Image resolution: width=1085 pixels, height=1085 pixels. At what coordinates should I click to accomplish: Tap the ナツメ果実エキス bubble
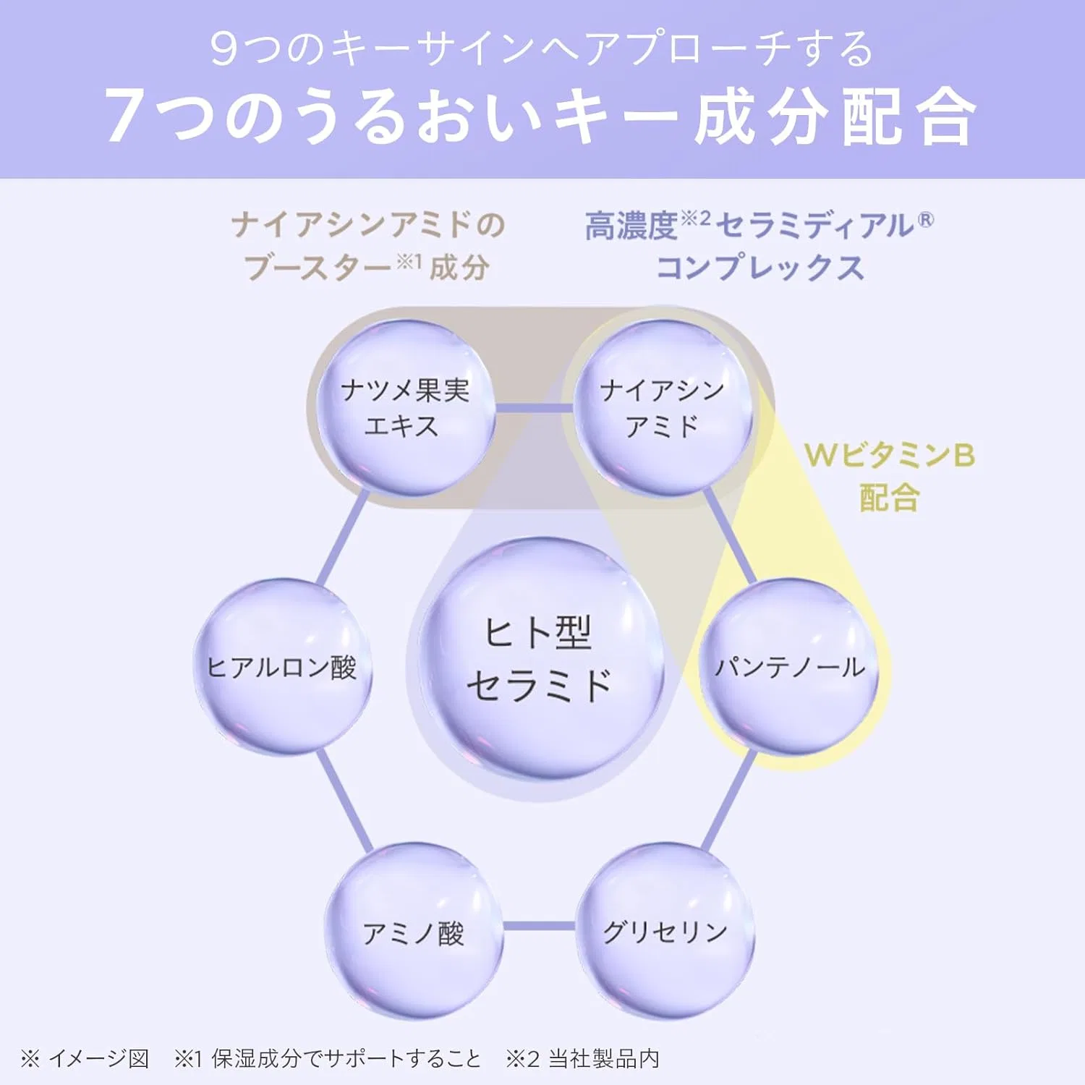(406, 408)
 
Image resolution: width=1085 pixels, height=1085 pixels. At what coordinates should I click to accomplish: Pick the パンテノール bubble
(789, 666)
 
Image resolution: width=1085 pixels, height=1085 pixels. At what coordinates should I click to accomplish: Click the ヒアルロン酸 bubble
(283, 666)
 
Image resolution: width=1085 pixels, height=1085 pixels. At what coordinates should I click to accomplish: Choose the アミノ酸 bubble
(413, 931)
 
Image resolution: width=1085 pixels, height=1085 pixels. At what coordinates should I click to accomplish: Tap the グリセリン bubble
(665, 931)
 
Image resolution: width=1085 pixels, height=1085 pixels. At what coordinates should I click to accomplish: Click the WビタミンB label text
(890, 455)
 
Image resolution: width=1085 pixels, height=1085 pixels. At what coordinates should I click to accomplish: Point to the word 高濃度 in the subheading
(631, 226)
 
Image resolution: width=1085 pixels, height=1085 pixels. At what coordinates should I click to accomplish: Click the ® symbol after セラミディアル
(926, 219)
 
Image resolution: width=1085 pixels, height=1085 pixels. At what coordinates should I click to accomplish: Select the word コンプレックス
(760, 268)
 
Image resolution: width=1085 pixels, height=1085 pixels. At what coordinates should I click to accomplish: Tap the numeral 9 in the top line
(224, 48)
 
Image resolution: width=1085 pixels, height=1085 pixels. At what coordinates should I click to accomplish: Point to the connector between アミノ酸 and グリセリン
(539, 926)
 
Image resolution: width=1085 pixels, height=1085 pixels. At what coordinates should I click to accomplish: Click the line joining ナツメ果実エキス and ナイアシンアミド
(534, 409)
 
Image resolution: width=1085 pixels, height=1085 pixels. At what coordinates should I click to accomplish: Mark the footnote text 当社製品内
(604, 1059)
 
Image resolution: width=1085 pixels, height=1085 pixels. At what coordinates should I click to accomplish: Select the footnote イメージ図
(98, 1059)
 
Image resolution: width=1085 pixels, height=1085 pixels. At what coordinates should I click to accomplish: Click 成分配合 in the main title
(835, 116)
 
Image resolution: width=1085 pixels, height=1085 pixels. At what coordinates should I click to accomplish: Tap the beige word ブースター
(318, 268)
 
